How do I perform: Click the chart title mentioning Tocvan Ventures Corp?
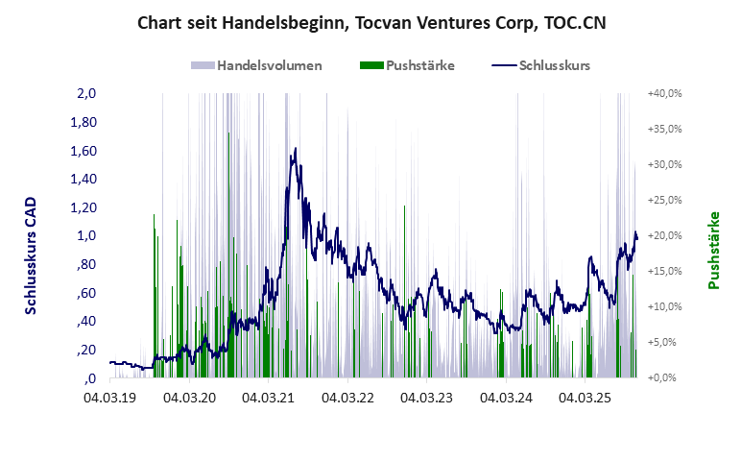(371, 21)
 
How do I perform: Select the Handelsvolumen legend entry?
(256, 66)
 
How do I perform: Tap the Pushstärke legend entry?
(407, 66)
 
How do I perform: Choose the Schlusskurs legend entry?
(540, 66)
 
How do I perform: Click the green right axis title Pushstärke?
(713, 250)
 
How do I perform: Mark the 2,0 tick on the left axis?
(86, 94)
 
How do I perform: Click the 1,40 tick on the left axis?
(84, 180)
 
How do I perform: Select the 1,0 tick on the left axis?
(86, 236)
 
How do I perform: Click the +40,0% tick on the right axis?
(664, 94)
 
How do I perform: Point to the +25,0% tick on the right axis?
(664, 201)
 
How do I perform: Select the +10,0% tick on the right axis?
(664, 307)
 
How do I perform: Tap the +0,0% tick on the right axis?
(664, 378)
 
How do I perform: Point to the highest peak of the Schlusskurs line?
(296, 149)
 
